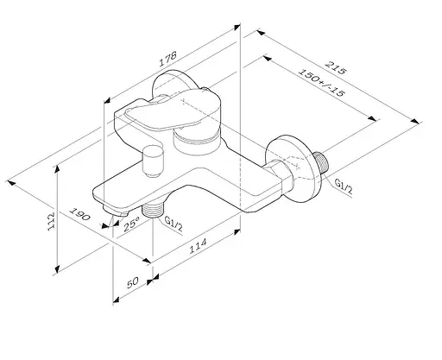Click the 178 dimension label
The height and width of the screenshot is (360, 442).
tap(167, 59)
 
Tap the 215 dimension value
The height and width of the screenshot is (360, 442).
tap(335, 68)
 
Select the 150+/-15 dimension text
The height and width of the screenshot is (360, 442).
tap(321, 82)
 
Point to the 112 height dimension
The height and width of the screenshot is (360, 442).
tap(51, 221)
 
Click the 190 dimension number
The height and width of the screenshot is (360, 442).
tap(79, 214)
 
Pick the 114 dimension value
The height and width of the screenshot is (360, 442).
tap(198, 246)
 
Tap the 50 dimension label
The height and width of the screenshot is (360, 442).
tap(133, 282)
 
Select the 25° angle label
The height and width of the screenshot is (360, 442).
tap(131, 224)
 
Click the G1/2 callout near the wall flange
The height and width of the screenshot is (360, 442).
tap(344, 186)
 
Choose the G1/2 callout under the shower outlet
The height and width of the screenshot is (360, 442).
tap(174, 224)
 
